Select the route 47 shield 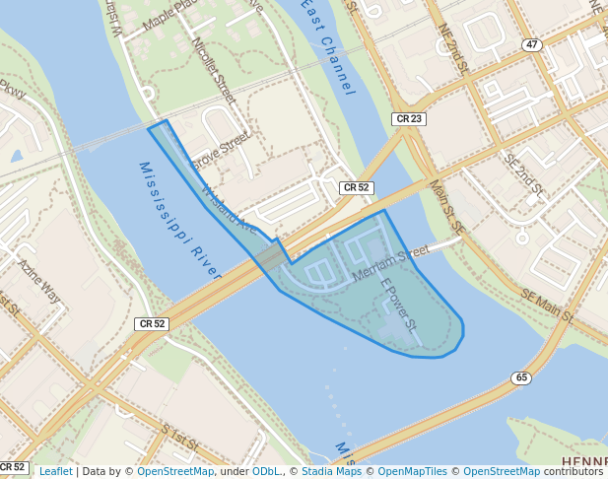(x=532, y=45)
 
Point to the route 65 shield (x=521, y=377)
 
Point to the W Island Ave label (x=229, y=210)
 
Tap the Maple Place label (x=173, y=15)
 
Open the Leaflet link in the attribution (x=55, y=471)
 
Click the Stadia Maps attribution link (x=335, y=471)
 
